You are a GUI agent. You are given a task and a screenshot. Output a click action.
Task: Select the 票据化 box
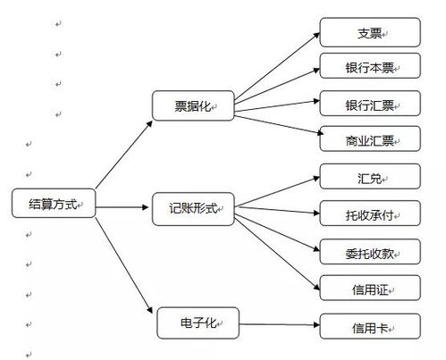click(191, 105)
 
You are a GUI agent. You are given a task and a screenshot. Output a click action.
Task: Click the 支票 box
click(370, 34)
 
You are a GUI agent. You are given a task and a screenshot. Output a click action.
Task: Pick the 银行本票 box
click(370, 67)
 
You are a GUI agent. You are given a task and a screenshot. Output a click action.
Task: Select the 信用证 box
click(370, 288)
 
